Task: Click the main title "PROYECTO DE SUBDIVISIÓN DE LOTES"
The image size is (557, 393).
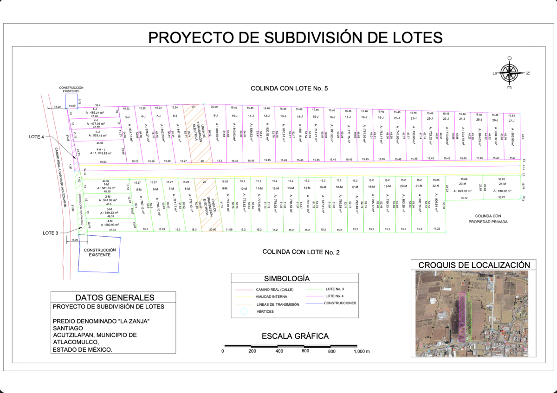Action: click(295, 37)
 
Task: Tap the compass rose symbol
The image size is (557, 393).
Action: click(510, 73)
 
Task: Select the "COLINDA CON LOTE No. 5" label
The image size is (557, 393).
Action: click(289, 88)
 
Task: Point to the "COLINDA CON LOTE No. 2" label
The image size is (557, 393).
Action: click(301, 252)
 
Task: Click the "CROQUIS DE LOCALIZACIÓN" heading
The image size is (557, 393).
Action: click(474, 264)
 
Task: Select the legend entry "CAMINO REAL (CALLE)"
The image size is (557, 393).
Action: click(274, 290)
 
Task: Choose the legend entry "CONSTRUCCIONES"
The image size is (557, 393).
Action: click(340, 303)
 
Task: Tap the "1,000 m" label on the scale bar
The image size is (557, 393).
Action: click(362, 351)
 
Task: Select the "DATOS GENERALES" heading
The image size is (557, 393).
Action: click(115, 297)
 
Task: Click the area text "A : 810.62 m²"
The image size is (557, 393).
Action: click(498, 191)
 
